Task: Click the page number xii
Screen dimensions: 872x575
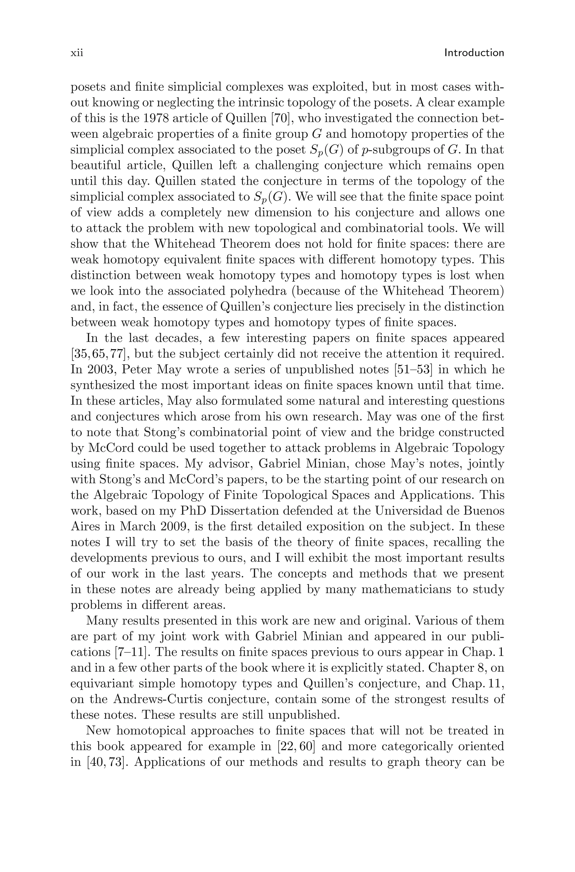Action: pos(77,53)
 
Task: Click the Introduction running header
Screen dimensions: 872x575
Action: pos(474,53)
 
